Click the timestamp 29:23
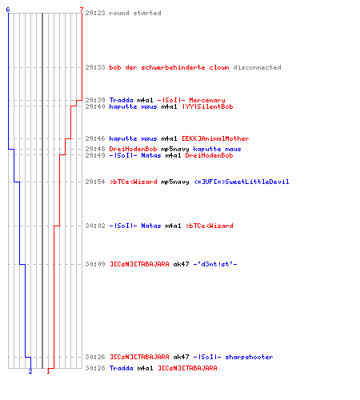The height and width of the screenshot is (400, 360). point(95,13)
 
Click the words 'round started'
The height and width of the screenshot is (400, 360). point(135,13)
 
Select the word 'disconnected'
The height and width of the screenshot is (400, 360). point(257,67)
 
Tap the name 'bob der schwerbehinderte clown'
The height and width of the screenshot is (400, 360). point(169,67)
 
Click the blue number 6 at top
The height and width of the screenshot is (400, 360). point(8,10)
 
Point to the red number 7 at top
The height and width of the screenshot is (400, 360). point(82,10)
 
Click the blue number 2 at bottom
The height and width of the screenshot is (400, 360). point(30,371)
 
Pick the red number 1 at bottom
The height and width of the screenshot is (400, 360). point(48,371)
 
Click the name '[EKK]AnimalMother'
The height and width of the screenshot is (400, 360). point(215,138)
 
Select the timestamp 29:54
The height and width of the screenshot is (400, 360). point(95,182)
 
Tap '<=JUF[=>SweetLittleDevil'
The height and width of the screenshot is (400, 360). point(242,182)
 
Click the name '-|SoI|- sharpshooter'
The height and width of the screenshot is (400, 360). point(233,357)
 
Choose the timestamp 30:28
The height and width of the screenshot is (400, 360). point(95,368)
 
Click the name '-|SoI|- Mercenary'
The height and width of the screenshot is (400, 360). point(191,100)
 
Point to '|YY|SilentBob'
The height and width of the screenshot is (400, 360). point(208,106)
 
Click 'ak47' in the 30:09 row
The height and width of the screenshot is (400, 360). point(181,264)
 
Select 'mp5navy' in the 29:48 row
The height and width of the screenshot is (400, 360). point(175,149)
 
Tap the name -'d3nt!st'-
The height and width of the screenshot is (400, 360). point(215,264)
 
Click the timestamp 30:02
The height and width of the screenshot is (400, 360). point(95,226)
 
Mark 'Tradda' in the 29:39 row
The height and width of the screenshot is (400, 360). point(122,100)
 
